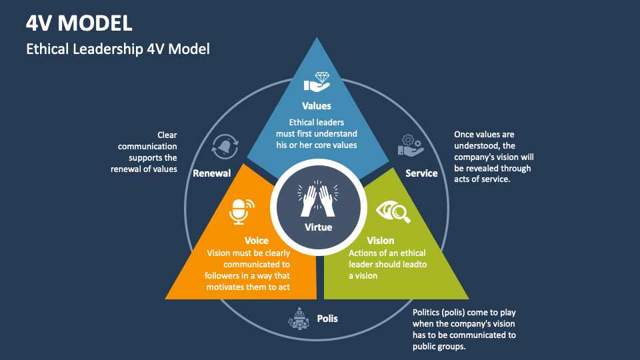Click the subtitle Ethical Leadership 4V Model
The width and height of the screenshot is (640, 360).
(x=118, y=49)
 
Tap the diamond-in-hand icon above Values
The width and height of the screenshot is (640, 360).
(x=317, y=82)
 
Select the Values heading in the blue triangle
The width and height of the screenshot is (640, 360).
(x=316, y=105)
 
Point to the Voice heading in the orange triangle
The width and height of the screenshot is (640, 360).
(x=256, y=240)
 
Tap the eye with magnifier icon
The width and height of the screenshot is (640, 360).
(x=393, y=212)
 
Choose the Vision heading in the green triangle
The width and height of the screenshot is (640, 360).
(x=380, y=240)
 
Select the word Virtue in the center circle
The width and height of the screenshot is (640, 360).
(x=318, y=227)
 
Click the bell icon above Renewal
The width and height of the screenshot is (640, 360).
(x=225, y=147)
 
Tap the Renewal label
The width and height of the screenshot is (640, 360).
(x=211, y=173)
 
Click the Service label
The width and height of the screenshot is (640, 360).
(x=421, y=173)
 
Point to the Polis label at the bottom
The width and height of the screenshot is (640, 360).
(x=327, y=318)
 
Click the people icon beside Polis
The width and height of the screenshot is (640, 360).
(x=298, y=319)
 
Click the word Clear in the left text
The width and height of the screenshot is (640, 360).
(x=167, y=135)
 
